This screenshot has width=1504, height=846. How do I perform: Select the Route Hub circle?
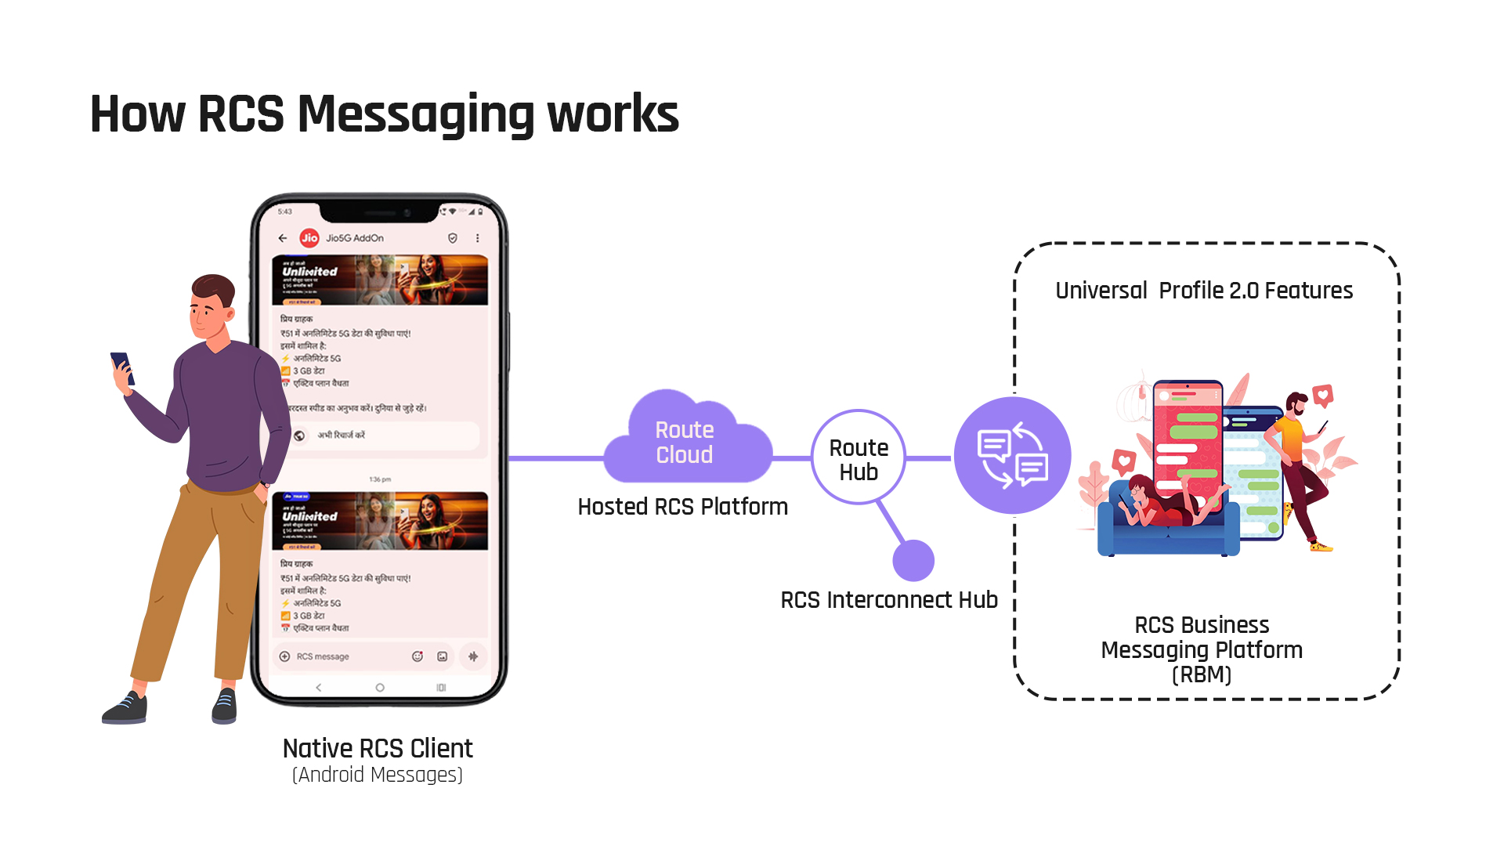(x=859, y=458)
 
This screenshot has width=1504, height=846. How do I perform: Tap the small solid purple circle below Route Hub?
(x=913, y=561)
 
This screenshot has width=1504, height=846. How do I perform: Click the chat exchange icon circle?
(x=1012, y=456)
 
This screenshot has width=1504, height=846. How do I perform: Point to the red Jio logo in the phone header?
(x=309, y=238)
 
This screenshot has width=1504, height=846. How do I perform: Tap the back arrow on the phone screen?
(x=283, y=238)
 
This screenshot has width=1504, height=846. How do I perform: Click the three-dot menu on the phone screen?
(x=478, y=238)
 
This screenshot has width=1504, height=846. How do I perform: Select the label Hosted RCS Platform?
(x=682, y=507)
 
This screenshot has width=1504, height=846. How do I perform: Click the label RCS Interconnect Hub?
(x=889, y=600)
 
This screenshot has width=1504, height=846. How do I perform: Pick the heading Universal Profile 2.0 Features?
(x=1204, y=291)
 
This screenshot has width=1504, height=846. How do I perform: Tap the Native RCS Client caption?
(x=378, y=749)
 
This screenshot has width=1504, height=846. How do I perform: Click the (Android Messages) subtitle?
(x=378, y=775)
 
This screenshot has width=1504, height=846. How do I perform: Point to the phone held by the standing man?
(x=121, y=367)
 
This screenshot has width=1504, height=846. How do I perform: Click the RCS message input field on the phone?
(x=345, y=656)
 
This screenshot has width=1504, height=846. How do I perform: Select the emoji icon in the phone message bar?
(x=418, y=656)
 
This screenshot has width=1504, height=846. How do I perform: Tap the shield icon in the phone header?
(x=453, y=238)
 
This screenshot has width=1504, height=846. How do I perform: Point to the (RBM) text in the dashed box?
(x=1202, y=674)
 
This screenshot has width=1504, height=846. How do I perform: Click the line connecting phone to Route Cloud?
(x=556, y=458)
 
